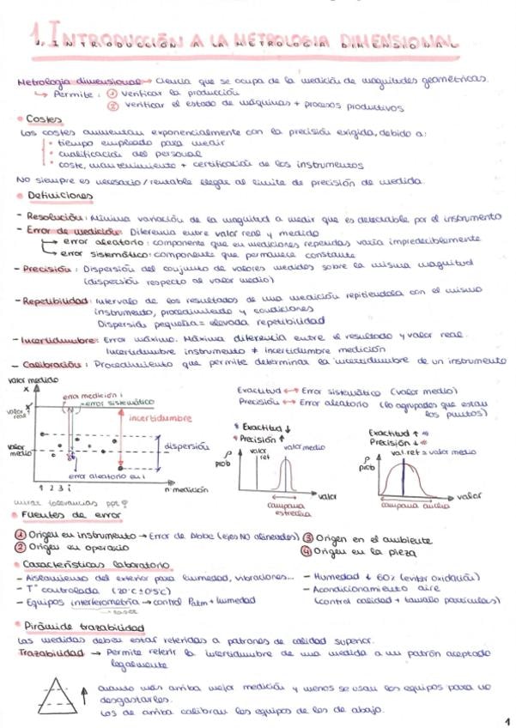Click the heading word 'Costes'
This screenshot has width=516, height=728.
[42, 119]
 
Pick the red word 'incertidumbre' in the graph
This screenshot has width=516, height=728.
[159, 419]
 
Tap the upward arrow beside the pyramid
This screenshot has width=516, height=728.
[82, 692]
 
